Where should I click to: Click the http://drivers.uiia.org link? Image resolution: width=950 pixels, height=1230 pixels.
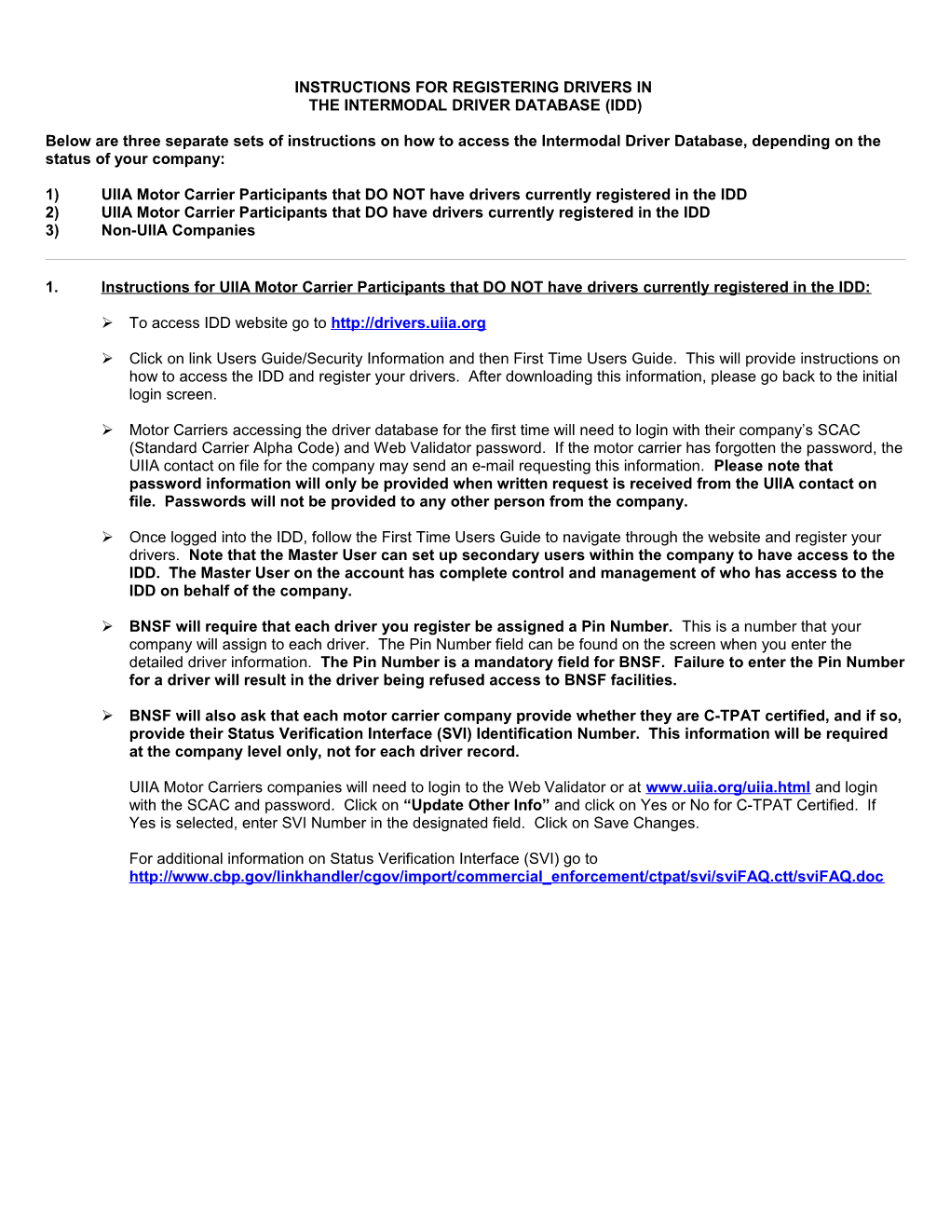click(408, 323)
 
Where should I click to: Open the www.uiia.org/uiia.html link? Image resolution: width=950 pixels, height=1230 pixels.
click(727, 787)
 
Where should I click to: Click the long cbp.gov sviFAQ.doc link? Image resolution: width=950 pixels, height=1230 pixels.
click(506, 877)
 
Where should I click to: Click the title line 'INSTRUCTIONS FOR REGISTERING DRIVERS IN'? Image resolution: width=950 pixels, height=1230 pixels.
click(473, 88)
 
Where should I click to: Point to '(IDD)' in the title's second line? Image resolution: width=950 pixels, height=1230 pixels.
click(623, 105)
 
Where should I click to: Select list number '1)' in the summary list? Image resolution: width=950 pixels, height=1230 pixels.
click(52, 195)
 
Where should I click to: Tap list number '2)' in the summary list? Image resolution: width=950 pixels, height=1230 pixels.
click(52, 212)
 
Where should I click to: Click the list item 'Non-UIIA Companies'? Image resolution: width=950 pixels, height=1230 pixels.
click(178, 230)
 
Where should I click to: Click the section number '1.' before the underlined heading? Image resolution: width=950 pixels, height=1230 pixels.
click(52, 287)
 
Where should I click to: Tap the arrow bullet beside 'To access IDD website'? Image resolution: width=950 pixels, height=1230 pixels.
click(107, 322)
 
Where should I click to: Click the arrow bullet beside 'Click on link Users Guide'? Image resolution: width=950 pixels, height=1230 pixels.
click(107, 358)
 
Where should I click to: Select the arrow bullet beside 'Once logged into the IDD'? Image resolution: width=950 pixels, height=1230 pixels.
click(107, 537)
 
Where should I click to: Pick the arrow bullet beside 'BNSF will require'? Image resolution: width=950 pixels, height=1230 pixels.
click(107, 626)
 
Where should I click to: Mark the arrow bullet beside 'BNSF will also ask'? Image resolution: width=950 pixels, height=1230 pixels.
click(107, 716)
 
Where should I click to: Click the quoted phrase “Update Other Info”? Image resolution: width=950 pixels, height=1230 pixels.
click(477, 805)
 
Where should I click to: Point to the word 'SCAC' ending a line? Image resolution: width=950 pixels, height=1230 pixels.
click(838, 430)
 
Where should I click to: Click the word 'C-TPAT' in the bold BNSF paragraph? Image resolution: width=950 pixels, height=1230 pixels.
click(732, 716)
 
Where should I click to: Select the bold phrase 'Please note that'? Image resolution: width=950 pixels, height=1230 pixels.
click(773, 466)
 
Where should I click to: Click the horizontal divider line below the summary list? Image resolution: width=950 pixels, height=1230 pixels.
click(475, 259)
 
